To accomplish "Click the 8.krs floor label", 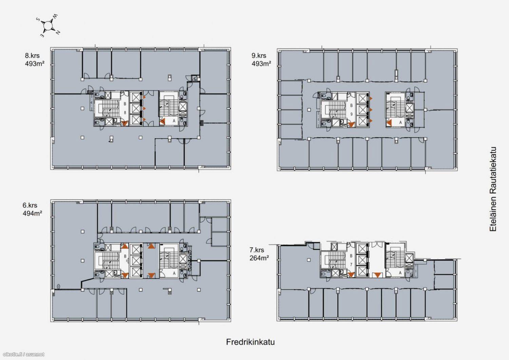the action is pos(32,56).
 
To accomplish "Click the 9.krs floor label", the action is pos(259,56).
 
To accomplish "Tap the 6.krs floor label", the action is pos(30,205).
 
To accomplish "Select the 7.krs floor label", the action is pos(257,250).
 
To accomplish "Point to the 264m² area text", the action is pos(259,258).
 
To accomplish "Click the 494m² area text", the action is pos(33,213).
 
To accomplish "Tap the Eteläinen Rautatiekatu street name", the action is pos(493,189).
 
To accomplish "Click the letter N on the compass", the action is pos(58,33).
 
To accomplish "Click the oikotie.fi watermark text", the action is pos(24,354).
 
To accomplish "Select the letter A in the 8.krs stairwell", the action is pos(174,121).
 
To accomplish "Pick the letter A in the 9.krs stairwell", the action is pos(400,122).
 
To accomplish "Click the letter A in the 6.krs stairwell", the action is pos(174,273).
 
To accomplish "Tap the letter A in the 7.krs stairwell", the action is pos(400,273).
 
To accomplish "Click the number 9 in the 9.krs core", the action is pos(351,114).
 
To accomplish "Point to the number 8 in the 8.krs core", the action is pos(125,112).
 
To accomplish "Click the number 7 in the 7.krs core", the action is pos(351,265).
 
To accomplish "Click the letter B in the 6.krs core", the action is pos(125,256).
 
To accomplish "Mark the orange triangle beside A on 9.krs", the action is pos(389,123).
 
